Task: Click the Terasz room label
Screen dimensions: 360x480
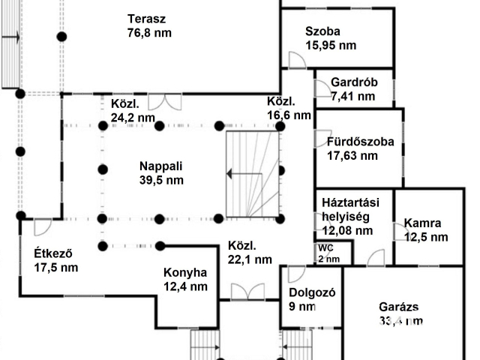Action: click(x=146, y=19)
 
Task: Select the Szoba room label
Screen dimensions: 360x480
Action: click(x=322, y=31)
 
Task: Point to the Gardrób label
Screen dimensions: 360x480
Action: click(x=353, y=82)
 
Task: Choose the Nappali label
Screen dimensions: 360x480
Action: click(x=161, y=166)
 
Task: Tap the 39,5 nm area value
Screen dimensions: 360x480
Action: click(x=161, y=180)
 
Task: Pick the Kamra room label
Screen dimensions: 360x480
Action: click(x=422, y=223)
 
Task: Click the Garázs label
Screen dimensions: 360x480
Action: click(x=398, y=307)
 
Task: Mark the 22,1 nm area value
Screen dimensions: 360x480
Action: click(x=250, y=259)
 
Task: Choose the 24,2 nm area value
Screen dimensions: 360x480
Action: click(x=133, y=117)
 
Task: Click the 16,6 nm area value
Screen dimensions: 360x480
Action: click(x=289, y=115)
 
